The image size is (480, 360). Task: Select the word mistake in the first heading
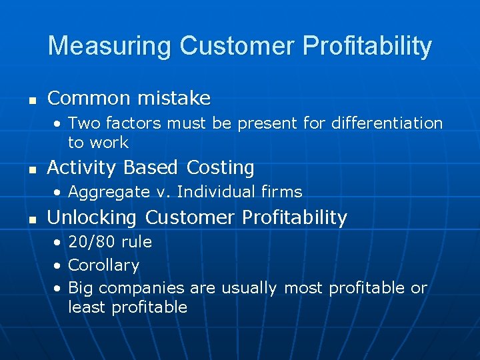point(174,99)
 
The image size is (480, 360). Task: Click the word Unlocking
point(93,217)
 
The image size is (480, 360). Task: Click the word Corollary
point(103,265)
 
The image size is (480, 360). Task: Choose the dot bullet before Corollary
point(59,266)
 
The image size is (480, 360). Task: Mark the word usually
point(249,289)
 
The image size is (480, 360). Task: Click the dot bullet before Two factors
point(59,124)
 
